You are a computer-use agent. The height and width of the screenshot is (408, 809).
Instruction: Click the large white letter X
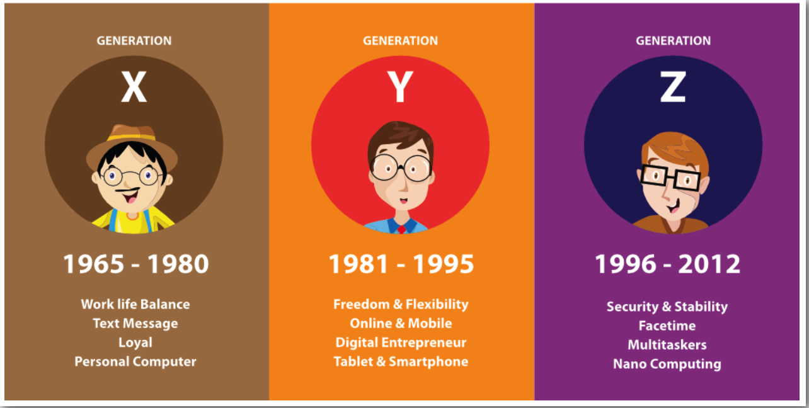(134, 87)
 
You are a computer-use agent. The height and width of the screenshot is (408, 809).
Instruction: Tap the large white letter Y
(400, 87)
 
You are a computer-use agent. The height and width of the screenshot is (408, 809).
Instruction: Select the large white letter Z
(672, 87)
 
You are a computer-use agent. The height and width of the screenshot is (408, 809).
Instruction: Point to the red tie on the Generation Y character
(401, 228)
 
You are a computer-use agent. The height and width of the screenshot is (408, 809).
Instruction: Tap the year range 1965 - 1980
(135, 264)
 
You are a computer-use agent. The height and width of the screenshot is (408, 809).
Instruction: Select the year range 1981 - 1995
(401, 264)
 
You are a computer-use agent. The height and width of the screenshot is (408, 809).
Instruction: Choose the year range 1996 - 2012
(667, 264)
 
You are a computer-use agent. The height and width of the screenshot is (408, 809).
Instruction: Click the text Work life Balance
(135, 304)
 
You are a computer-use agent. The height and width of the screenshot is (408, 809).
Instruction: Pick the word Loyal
(135, 343)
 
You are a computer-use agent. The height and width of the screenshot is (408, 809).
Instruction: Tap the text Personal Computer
(135, 361)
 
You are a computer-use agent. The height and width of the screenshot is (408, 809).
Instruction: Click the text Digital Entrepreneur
(401, 343)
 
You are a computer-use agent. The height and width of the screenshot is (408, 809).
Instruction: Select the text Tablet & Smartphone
(401, 361)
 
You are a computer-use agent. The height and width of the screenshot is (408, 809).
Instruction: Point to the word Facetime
(667, 326)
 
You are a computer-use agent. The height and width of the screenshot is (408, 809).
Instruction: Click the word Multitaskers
(667, 345)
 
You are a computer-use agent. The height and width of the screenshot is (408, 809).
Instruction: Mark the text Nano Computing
(667, 364)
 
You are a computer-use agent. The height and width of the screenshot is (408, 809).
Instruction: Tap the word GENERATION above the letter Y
(400, 41)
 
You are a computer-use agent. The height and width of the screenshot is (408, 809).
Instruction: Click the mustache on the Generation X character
(130, 189)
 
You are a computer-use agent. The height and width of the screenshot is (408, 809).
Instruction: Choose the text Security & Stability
(667, 307)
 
